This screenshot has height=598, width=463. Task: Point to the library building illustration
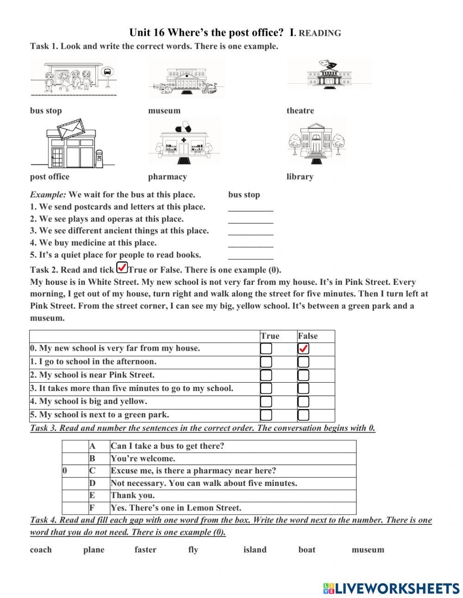(x=317, y=141)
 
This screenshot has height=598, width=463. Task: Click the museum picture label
(x=164, y=111)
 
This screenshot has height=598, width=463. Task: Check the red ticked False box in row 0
(x=304, y=349)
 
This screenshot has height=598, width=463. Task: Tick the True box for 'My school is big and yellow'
(x=266, y=402)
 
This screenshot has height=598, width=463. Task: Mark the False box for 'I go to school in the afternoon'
(x=304, y=362)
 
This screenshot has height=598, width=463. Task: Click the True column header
(x=270, y=336)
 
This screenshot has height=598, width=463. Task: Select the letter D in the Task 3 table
(x=92, y=483)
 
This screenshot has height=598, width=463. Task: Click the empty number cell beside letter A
(x=75, y=446)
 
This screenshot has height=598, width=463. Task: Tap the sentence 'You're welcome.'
(x=143, y=459)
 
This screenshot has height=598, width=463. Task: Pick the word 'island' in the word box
(x=255, y=550)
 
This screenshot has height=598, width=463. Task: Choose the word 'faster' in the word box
(x=145, y=550)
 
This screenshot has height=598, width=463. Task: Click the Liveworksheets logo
(x=391, y=588)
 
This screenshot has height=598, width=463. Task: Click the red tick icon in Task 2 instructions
(x=122, y=268)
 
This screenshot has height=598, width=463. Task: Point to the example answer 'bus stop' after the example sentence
(x=244, y=195)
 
